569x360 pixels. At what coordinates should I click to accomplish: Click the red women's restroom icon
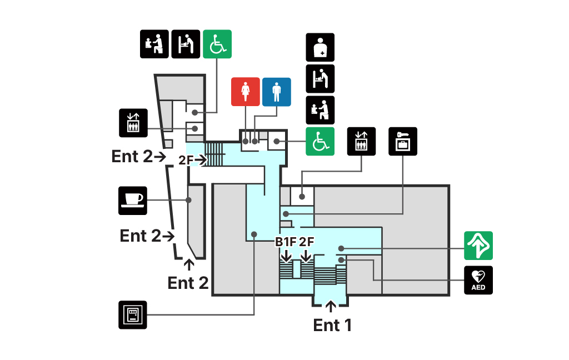[245, 92]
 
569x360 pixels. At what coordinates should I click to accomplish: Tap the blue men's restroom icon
[276, 92]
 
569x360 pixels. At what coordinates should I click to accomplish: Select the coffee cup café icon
[133, 201]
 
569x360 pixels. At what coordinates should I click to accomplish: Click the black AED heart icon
[478, 280]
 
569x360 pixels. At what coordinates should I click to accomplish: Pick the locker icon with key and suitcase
[402, 142]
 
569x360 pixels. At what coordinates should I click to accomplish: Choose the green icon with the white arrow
[478, 246]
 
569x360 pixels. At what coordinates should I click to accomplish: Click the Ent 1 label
[332, 325]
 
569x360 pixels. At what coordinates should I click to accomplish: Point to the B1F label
[286, 242]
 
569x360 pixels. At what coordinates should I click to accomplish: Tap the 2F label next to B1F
[307, 242]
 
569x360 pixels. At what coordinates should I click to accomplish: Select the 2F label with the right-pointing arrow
[186, 160]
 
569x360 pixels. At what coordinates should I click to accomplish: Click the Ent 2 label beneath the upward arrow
[188, 283]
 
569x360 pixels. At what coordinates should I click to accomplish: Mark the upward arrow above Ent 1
[331, 306]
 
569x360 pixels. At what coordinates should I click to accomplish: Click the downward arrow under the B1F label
[286, 256]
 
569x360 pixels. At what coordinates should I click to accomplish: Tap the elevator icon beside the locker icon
[362, 142]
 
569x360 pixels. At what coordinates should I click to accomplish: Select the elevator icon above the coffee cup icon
[133, 123]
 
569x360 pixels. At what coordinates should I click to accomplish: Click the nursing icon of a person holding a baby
[320, 47]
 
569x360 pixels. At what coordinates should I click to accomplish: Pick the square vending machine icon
[133, 315]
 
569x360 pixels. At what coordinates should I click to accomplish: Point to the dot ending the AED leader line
[341, 259]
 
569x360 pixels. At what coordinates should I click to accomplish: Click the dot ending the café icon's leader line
[189, 200]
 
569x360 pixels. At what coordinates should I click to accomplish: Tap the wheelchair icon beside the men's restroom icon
[320, 141]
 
